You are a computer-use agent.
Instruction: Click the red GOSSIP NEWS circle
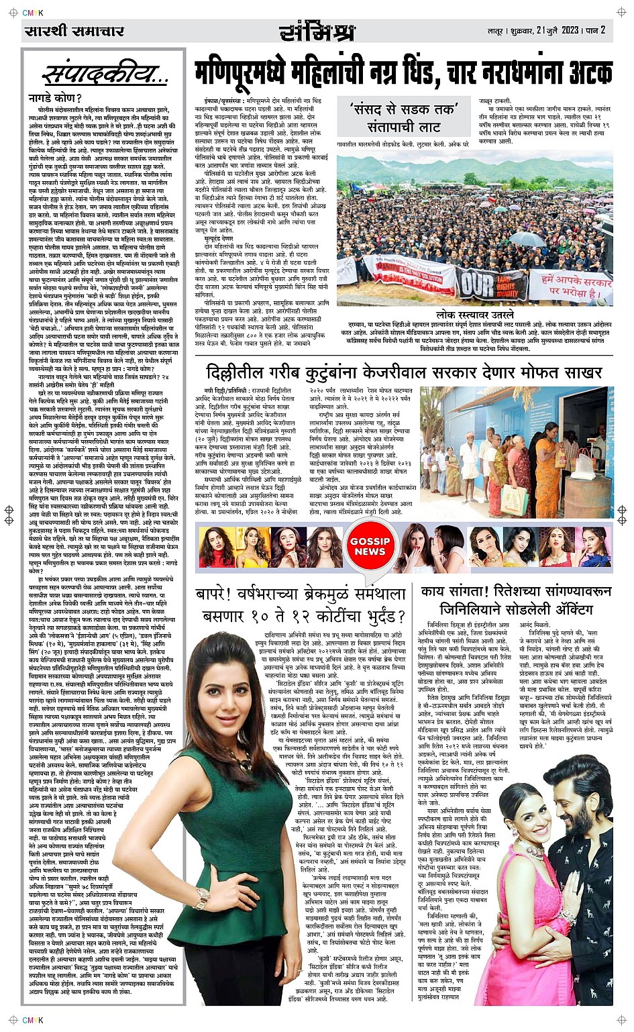click(x=370, y=546)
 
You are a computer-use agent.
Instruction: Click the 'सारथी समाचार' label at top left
click(x=74, y=31)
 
